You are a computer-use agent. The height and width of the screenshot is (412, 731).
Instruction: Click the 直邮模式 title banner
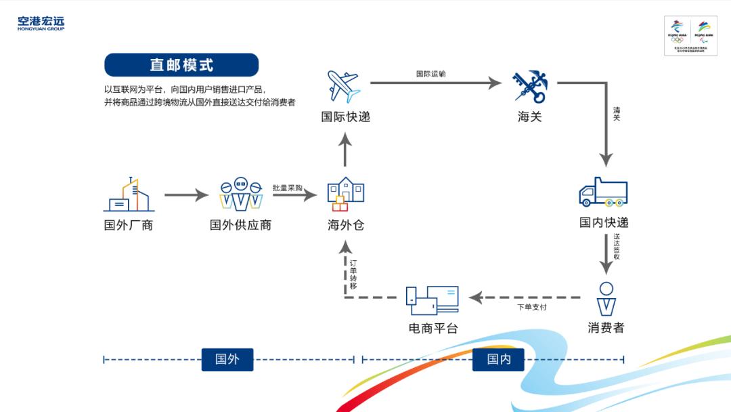(x=181, y=65)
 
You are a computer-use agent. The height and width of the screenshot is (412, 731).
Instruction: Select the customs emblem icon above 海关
(x=529, y=86)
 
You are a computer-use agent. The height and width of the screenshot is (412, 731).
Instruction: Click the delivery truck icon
(x=603, y=192)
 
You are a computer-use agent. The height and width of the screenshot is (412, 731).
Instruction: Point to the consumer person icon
(x=606, y=298)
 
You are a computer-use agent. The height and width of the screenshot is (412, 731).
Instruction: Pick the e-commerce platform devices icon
(x=432, y=300)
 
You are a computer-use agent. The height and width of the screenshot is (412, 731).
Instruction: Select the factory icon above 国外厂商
(x=129, y=195)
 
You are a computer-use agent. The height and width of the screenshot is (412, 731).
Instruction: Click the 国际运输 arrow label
(x=430, y=74)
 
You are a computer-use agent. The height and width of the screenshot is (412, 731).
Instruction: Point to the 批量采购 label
(x=287, y=188)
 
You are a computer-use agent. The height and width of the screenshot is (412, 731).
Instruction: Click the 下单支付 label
(x=531, y=307)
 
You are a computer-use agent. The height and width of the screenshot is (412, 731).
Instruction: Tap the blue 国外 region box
(x=227, y=359)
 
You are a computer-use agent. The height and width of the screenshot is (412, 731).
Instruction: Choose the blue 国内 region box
(x=499, y=359)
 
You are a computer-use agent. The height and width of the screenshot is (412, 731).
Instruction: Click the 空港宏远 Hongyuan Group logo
(x=41, y=24)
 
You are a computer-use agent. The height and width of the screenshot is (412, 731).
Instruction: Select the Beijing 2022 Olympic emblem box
(x=690, y=35)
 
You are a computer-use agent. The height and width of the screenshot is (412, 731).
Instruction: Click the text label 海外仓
(x=345, y=225)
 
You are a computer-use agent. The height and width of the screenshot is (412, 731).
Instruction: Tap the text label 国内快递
(x=604, y=222)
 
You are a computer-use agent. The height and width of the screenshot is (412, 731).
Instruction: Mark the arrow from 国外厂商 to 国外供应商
(x=186, y=196)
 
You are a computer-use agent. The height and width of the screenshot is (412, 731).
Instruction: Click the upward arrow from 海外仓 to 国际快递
(x=345, y=149)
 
